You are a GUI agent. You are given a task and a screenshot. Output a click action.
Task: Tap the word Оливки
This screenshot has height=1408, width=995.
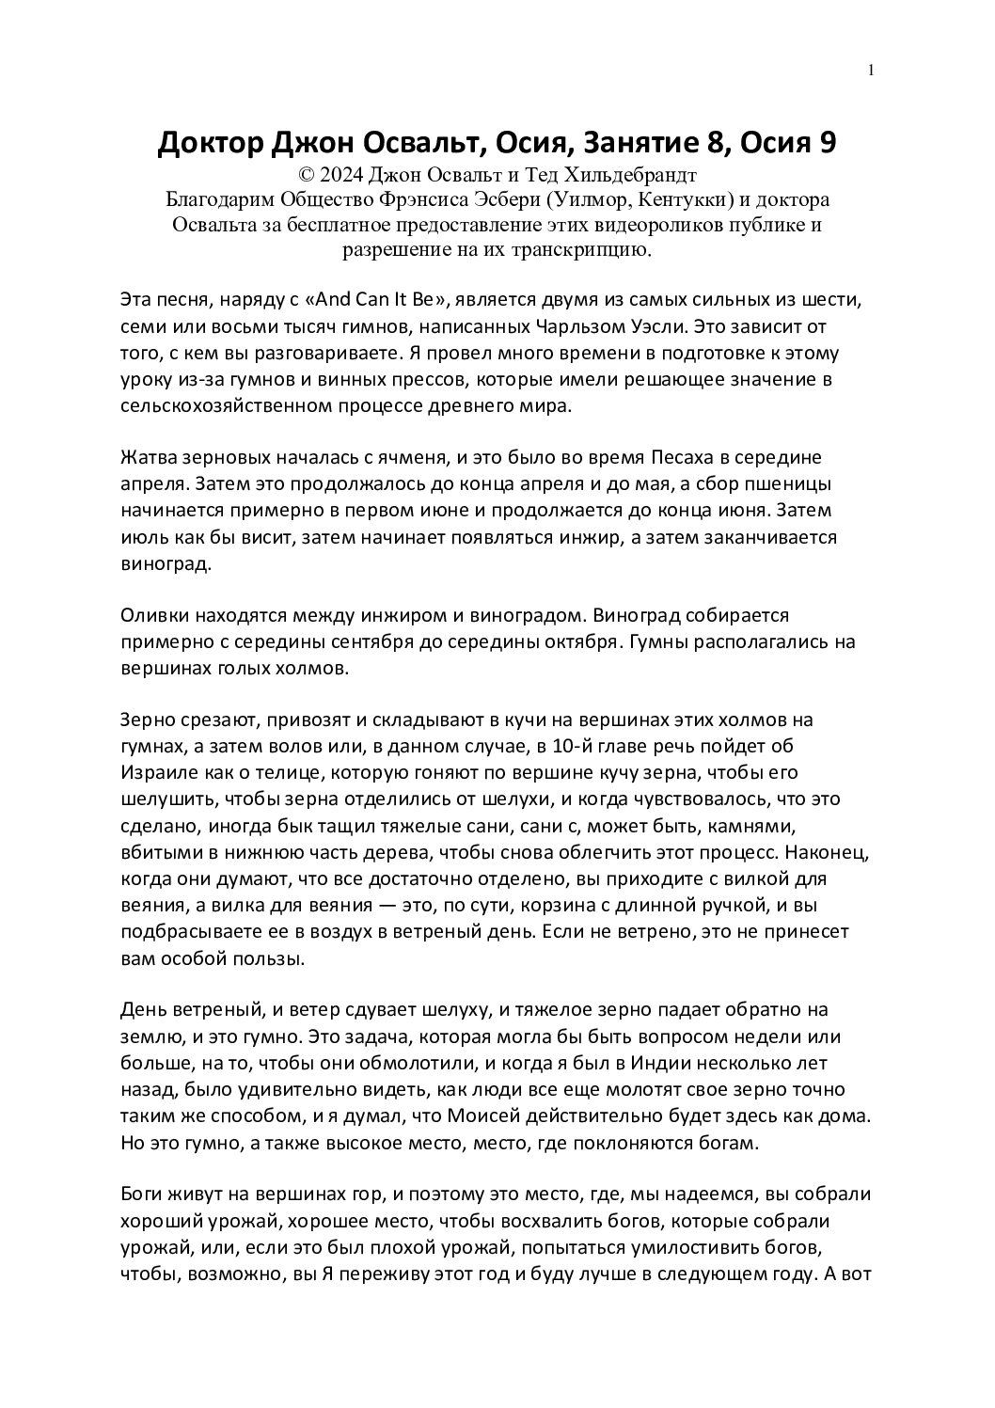[154, 617]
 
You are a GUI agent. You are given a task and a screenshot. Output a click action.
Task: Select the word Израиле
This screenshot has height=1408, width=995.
[157, 773]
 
